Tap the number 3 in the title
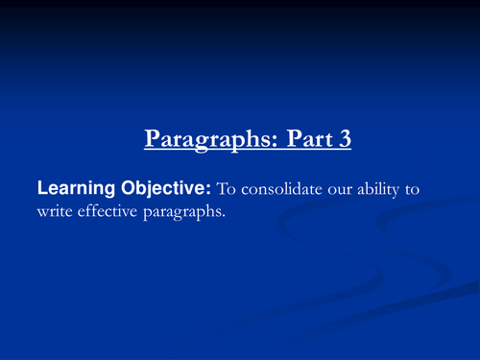click(344, 138)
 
